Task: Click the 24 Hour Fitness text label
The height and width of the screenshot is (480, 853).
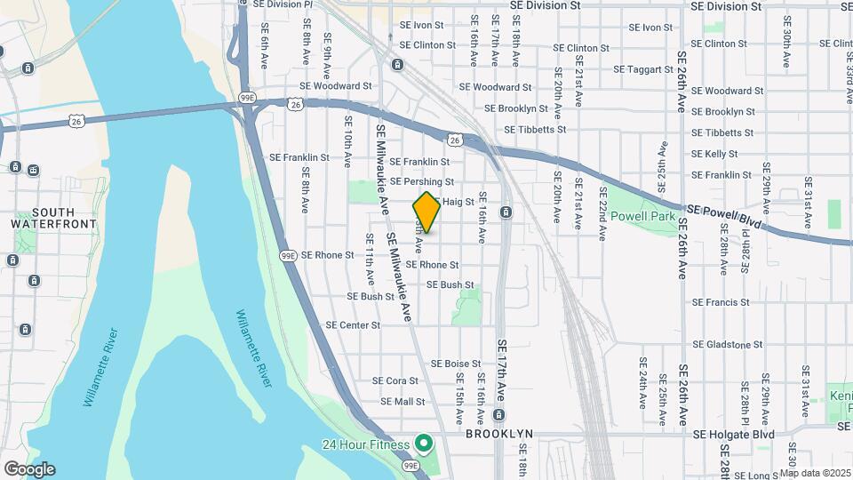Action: [x=365, y=444]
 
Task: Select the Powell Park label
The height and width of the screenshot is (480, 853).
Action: [x=642, y=214]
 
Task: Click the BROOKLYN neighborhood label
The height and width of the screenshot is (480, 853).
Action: [x=498, y=434]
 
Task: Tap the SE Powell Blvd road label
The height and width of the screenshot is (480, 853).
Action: [x=725, y=217]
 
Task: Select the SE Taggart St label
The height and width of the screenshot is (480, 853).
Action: [x=643, y=68]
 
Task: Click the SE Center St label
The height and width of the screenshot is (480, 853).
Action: [x=353, y=325]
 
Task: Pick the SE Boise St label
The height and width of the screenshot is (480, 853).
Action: [x=456, y=364]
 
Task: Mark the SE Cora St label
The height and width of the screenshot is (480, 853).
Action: [x=395, y=380]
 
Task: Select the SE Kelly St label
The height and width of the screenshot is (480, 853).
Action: [x=714, y=154]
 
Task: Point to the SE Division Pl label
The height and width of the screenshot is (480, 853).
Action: [x=283, y=4]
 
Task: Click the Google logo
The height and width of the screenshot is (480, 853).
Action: [x=29, y=469]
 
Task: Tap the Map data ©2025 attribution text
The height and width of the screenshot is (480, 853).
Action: [x=815, y=473]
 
